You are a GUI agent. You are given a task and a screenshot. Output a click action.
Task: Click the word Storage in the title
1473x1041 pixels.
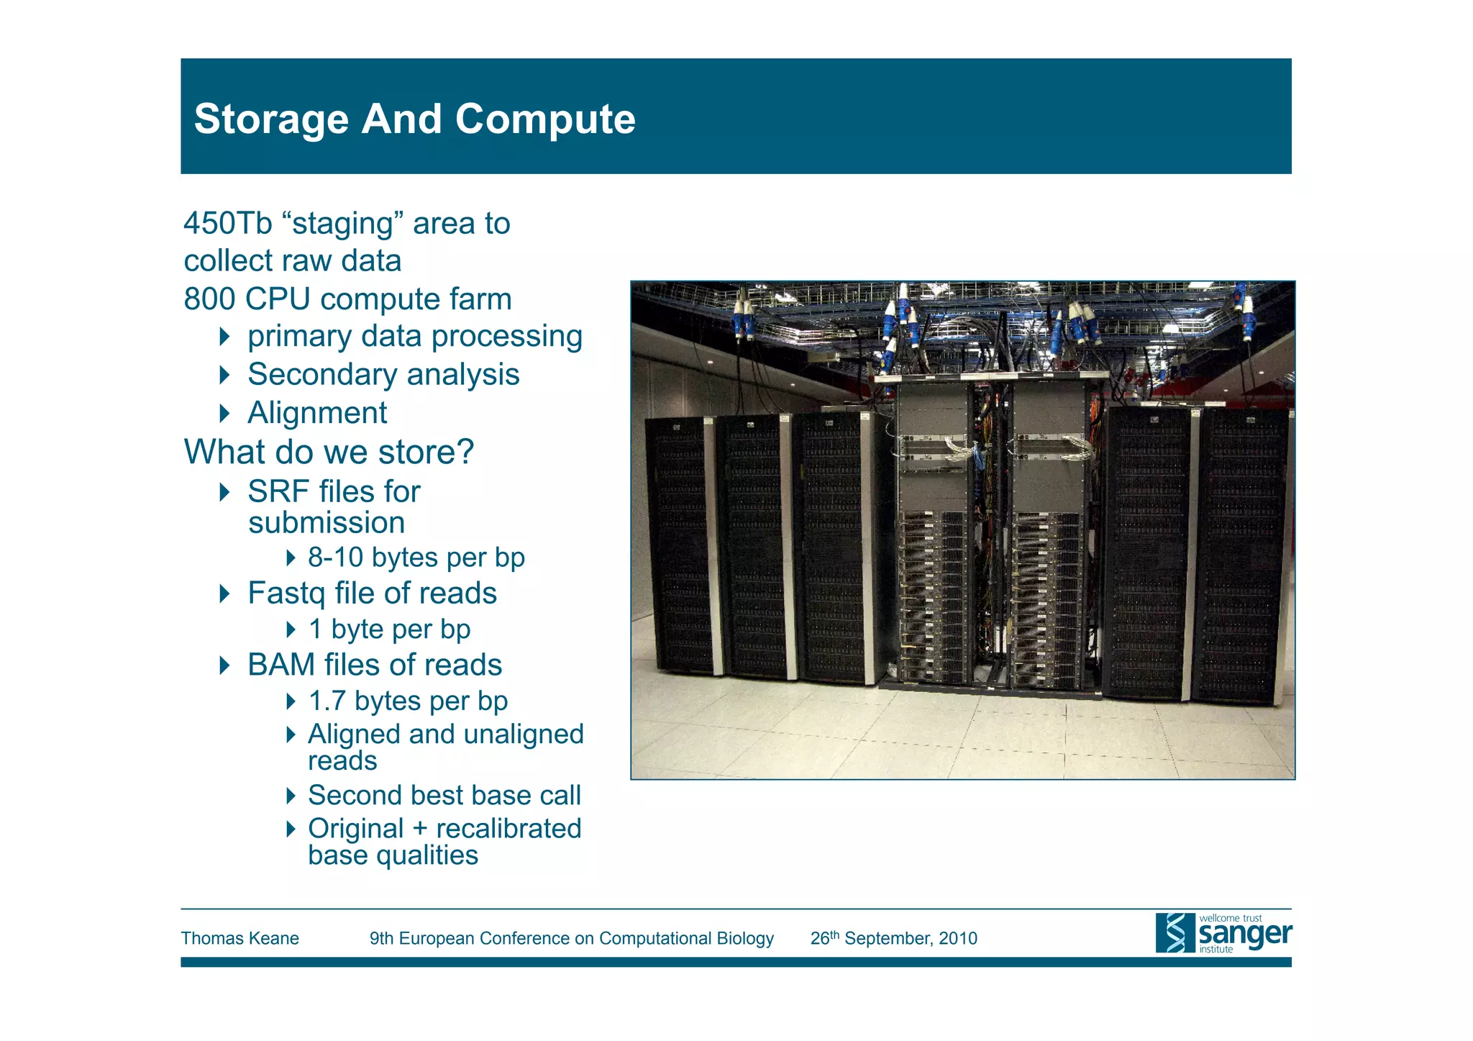click(271, 119)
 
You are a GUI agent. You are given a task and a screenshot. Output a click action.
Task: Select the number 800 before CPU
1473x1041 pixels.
click(209, 299)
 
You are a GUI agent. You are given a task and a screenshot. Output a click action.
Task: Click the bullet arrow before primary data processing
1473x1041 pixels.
click(224, 336)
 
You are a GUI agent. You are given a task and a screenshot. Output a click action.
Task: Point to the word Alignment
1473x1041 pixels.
click(317, 413)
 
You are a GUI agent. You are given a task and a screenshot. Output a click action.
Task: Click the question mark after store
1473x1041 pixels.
click(465, 452)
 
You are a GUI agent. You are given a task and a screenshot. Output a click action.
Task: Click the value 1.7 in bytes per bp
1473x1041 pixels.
click(327, 701)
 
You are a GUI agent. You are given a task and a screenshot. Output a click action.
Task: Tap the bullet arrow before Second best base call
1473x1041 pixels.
click(291, 795)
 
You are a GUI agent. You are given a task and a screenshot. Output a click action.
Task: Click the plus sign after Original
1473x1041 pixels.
click(419, 829)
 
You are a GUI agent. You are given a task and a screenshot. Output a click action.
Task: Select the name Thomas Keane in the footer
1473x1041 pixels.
click(240, 938)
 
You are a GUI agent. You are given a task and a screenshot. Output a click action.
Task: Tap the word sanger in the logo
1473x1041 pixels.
click(1245, 935)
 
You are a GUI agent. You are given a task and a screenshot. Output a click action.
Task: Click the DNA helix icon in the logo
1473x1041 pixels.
click(1175, 933)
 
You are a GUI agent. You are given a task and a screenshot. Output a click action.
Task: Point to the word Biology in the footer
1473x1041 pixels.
click(745, 938)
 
